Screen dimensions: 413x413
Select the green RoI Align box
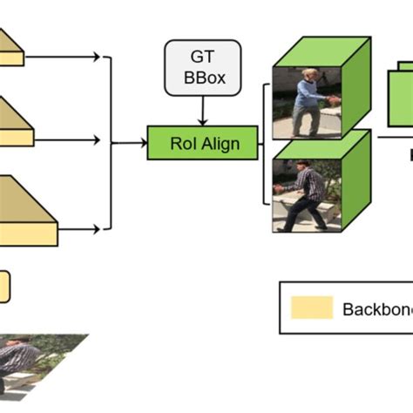(x=203, y=142)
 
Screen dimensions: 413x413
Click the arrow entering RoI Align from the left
(x=132, y=142)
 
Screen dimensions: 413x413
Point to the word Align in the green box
(x=221, y=142)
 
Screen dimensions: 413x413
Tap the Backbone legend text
(x=376, y=308)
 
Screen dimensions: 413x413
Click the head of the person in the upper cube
(x=308, y=75)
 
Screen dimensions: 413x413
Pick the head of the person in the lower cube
(x=301, y=165)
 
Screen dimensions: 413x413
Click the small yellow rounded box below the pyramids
(x=4, y=287)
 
